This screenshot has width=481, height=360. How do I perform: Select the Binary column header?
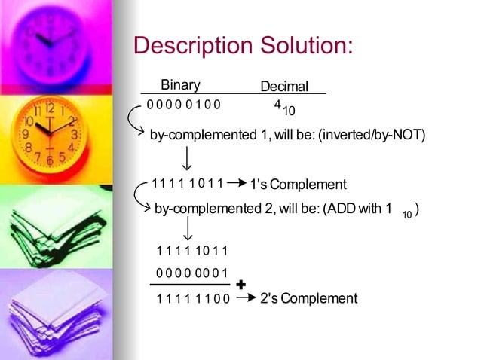click(180, 84)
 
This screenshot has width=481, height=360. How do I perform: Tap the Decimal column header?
click(284, 87)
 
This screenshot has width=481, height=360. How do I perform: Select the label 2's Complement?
click(308, 298)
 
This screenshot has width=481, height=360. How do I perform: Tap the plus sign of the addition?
click(240, 285)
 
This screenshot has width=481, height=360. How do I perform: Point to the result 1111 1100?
click(193, 299)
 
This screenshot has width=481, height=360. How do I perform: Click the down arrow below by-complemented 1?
click(185, 158)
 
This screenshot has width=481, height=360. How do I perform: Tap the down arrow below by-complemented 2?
click(186, 231)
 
